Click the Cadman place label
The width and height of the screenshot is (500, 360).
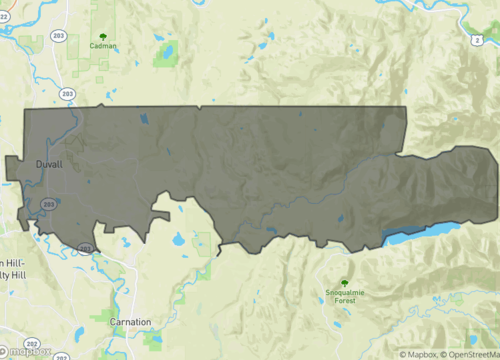click(103, 45)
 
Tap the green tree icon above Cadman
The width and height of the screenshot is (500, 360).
click(103, 34)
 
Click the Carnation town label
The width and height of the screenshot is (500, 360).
click(131, 322)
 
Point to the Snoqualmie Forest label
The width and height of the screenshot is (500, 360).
click(346, 296)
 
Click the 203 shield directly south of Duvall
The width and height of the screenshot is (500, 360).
click(48, 203)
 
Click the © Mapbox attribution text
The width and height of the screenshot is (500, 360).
click(420, 354)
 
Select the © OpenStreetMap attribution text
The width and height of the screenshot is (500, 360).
click(471, 354)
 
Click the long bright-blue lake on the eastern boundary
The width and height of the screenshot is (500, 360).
click(420, 233)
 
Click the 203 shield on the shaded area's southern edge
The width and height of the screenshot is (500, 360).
click(84, 248)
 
